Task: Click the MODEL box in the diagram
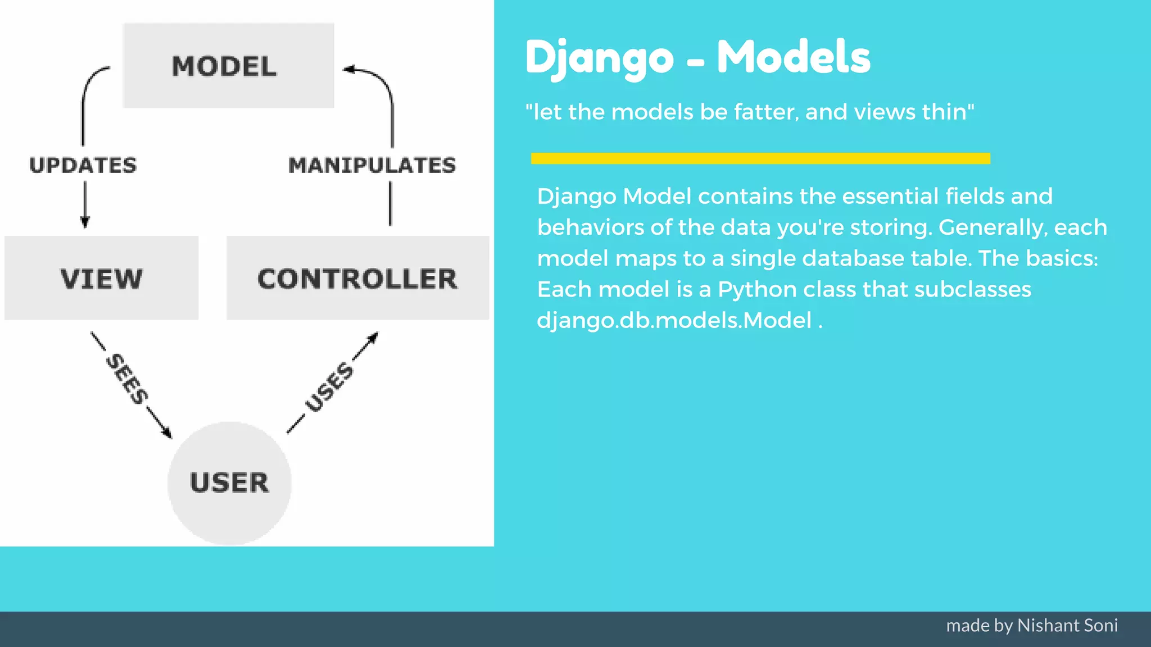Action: pyautogui.click(x=228, y=66)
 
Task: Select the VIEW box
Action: pyautogui.click(x=101, y=278)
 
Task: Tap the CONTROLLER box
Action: pyautogui.click(x=357, y=278)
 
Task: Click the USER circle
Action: pyautogui.click(x=229, y=483)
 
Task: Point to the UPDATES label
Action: pyautogui.click(x=83, y=165)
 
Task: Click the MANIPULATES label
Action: pyautogui.click(x=371, y=165)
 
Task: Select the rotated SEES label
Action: pyautogui.click(x=128, y=379)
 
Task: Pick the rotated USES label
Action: pyautogui.click(x=329, y=387)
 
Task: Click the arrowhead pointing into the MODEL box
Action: pyautogui.click(x=349, y=70)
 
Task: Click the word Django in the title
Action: pyautogui.click(x=599, y=58)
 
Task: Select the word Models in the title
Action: pyautogui.click(x=793, y=57)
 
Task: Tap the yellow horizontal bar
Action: pyautogui.click(x=760, y=158)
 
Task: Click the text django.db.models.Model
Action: pyautogui.click(x=674, y=320)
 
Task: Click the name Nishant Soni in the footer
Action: pyautogui.click(x=1067, y=625)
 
